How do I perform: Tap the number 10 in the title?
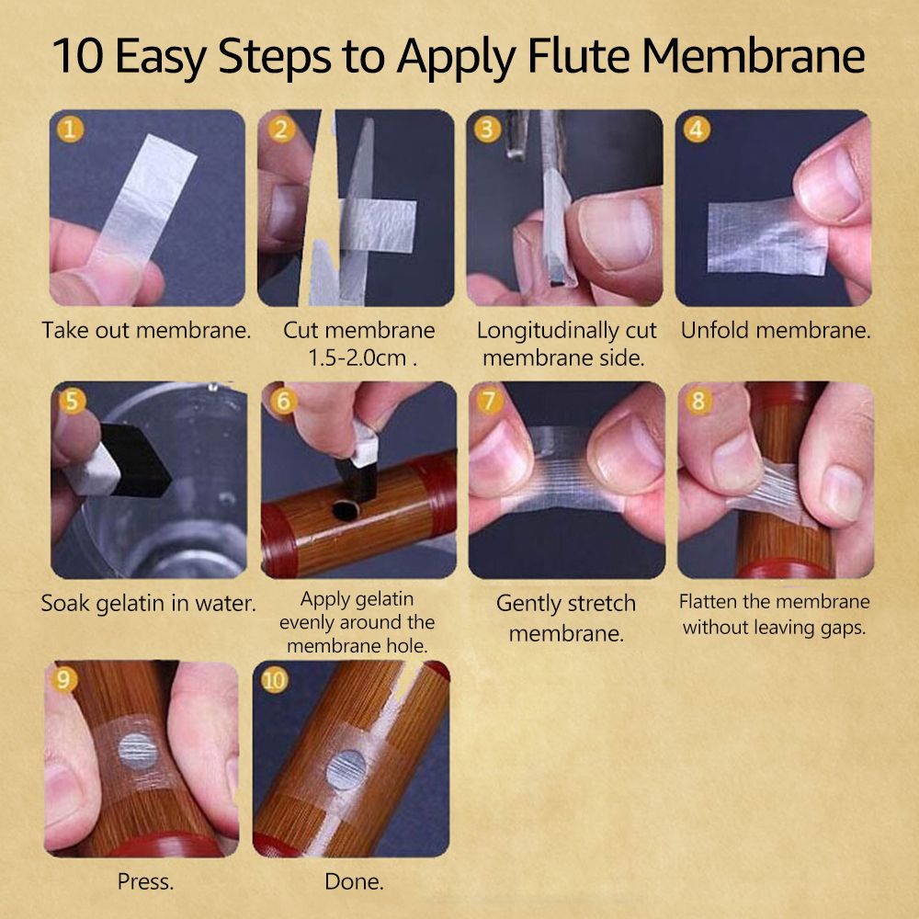point(78,56)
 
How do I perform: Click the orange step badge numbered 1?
point(70,130)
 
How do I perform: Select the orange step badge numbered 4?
point(697,130)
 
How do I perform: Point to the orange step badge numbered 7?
point(489,402)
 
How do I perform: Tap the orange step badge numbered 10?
point(274,680)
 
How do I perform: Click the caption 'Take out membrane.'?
point(146,330)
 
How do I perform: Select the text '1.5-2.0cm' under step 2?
point(357,357)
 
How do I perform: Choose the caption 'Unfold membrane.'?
point(776,330)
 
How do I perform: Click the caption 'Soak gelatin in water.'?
point(148,603)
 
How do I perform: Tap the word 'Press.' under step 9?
point(145,881)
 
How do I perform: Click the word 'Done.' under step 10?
point(354,881)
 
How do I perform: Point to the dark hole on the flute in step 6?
point(346,510)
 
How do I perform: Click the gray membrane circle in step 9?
point(139,752)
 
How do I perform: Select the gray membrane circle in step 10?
point(346,769)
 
